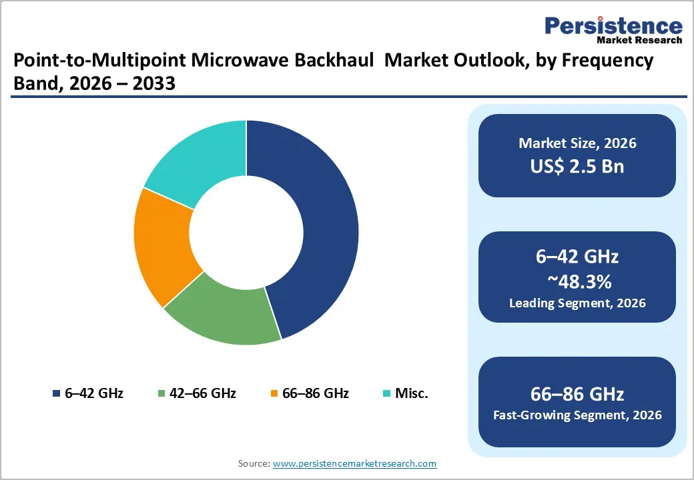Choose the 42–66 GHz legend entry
pos(197,393)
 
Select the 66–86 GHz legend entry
pos(310,393)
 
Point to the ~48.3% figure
pos(577,282)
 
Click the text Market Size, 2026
pos(577,143)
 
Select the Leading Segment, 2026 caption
pos(577,303)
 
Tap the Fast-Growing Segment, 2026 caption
pos(577,415)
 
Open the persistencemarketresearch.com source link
pos(354,463)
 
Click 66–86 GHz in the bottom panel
pos(577,393)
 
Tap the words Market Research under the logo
pos(641,40)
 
